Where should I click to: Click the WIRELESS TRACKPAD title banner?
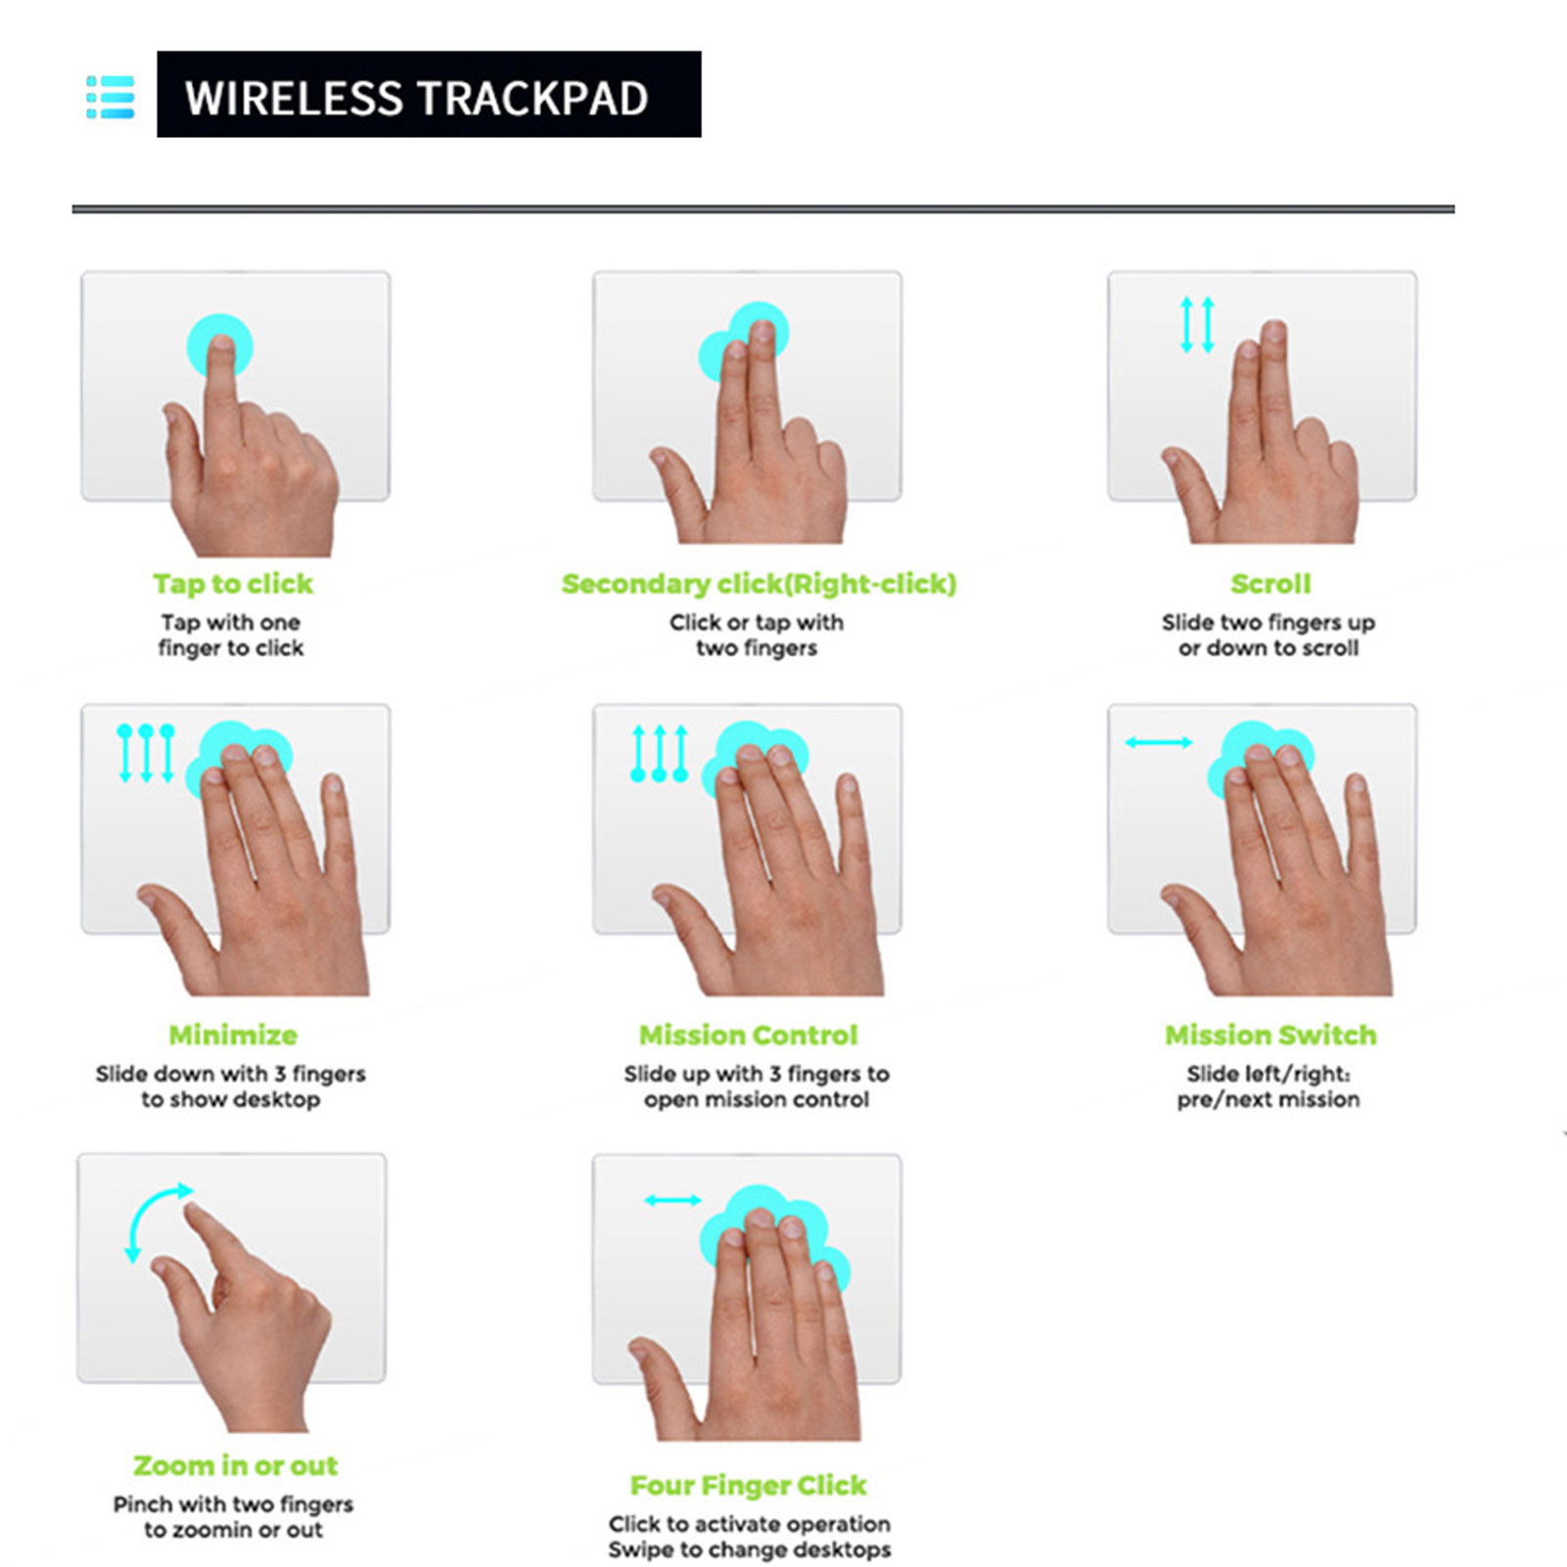(429, 94)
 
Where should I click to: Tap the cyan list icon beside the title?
(111, 97)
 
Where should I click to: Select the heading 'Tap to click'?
(233, 583)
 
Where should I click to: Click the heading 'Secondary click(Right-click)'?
(759, 583)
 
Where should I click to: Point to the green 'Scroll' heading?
(1270, 583)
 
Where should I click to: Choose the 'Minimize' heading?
(233, 1035)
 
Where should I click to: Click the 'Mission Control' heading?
(749, 1035)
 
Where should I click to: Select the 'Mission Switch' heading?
(1270, 1035)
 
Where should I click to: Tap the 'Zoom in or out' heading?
(236, 1465)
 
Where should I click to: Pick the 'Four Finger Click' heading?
(749, 1485)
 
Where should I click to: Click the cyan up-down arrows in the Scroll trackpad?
(1197, 324)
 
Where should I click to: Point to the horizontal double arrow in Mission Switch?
(1159, 743)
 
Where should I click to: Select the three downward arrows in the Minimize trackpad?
(146, 753)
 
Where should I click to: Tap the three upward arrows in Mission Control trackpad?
(660, 753)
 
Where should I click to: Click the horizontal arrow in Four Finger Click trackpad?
(672, 1200)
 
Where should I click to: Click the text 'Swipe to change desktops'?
(750, 1549)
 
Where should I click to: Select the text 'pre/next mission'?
(1268, 1099)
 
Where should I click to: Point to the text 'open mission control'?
(757, 1099)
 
